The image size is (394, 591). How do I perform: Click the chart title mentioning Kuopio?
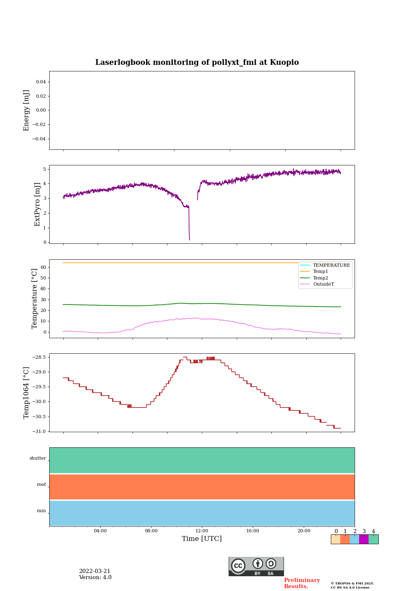[197, 62]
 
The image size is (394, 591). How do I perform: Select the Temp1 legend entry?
[320, 272]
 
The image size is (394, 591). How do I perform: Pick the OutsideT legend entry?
[323, 284]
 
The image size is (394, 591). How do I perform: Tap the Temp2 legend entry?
[320, 278]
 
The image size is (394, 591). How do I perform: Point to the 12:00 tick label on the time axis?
[202, 531]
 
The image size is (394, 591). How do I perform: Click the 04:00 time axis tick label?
[100, 531]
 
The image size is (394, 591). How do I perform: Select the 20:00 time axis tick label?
[304, 531]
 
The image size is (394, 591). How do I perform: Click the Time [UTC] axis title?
[202, 539]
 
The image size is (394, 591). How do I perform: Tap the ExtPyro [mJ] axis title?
[37, 204]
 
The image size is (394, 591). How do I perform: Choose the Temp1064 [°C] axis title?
[27, 393]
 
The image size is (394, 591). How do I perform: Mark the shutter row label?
[38, 458]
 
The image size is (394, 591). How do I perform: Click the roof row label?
[41, 485]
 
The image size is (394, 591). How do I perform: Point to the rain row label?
[41, 511]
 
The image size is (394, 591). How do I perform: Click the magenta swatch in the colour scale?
[364, 539]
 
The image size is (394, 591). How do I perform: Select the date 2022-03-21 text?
[95, 571]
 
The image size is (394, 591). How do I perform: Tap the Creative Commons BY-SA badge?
[256, 566]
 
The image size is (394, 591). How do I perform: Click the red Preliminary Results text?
[302, 583]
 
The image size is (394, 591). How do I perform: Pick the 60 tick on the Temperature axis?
[44, 267]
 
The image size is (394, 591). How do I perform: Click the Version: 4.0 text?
[95, 577]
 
